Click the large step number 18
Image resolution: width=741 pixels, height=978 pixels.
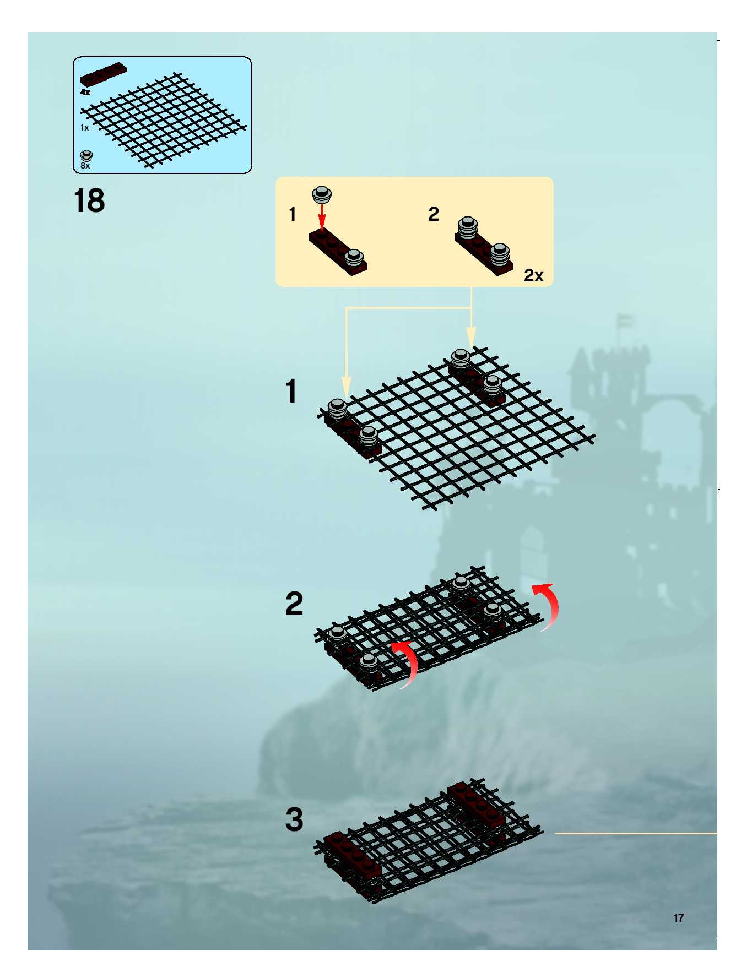click(89, 201)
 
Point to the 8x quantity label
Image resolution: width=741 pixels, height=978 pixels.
click(85, 166)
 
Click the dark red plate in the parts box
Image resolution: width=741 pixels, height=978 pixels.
click(103, 75)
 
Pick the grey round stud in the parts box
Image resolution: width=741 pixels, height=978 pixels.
click(86, 156)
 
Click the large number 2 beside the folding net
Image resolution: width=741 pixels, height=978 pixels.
click(294, 604)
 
